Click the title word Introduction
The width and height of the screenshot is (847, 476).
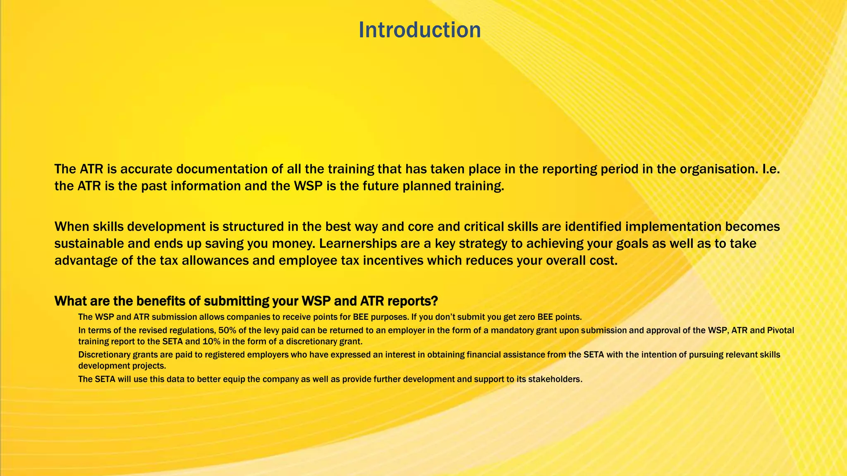tap(419, 30)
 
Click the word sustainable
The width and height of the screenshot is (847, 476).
tap(89, 243)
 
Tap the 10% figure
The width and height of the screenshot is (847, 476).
tap(211, 342)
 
